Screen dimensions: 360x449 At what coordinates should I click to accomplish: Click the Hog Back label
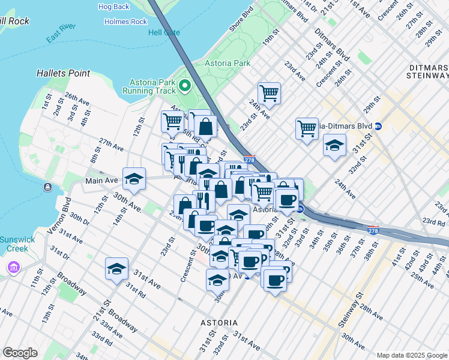point(113,7)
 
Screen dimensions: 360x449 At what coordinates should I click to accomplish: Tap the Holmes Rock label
point(125,22)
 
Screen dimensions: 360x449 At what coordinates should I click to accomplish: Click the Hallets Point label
point(63,73)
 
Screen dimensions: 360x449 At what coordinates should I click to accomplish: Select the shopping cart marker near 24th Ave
point(269,93)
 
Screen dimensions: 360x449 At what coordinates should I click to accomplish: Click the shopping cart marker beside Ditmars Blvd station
point(307,128)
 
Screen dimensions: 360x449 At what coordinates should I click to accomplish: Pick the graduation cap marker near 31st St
point(334,145)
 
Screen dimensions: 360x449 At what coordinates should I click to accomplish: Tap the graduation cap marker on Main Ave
point(134,178)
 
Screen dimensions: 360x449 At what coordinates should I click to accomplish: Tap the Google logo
point(20,352)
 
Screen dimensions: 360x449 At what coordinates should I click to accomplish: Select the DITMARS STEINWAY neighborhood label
point(427,71)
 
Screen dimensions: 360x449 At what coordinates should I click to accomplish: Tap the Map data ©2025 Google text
point(411,355)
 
